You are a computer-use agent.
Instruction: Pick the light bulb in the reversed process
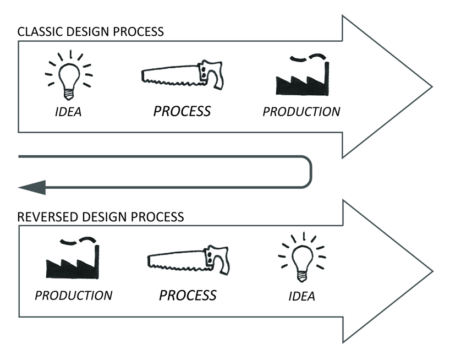point(303,259)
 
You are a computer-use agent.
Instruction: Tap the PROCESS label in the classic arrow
point(182,111)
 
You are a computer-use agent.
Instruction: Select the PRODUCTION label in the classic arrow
point(301,111)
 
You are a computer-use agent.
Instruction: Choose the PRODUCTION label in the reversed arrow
point(73,295)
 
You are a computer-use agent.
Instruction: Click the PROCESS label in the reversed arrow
point(188,295)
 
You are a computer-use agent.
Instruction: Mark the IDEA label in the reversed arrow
point(301,296)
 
